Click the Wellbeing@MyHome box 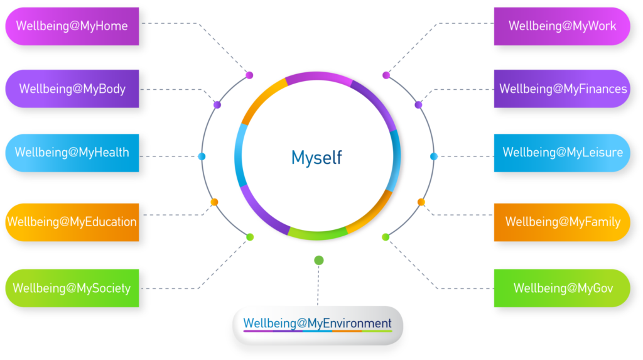pyautogui.click(x=72, y=26)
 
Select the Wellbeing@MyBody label pyautogui.click(x=72, y=89)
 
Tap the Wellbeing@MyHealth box pyautogui.click(x=72, y=153)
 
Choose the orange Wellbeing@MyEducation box pyautogui.click(x=72, y=222)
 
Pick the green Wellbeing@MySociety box pyautogui.click(x=72, y=288)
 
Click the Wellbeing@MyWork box pyautogui.click(x=562, y=26)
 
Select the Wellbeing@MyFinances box pyautogui.click(x=562, y=89)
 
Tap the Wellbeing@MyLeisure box pyautogui.click(x=562, y=153)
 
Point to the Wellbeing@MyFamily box pyautogui.click(x=562, y=222)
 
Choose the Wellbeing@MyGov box pyautogui.click(x=562, y=288)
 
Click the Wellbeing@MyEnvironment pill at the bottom pyautogui.click(x=318, y=325)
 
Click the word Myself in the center pyautogui.click(x=316, y=157)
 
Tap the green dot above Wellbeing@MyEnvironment pyautogui.click(x=319, y=260)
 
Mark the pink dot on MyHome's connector pyautogui.click(x=249, y=75)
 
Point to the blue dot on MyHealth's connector pyautogui.click(x=202, y=156)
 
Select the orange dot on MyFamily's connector pyautogui.click(x=421, y=202)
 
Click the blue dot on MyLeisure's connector pyautogui.click(x=433, y=156)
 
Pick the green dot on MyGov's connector pyautogui.click(x=386, y=237)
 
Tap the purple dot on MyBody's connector pyautogui.click(x=217, y=104)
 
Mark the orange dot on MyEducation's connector pyautogui.click(x=214, y=202)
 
